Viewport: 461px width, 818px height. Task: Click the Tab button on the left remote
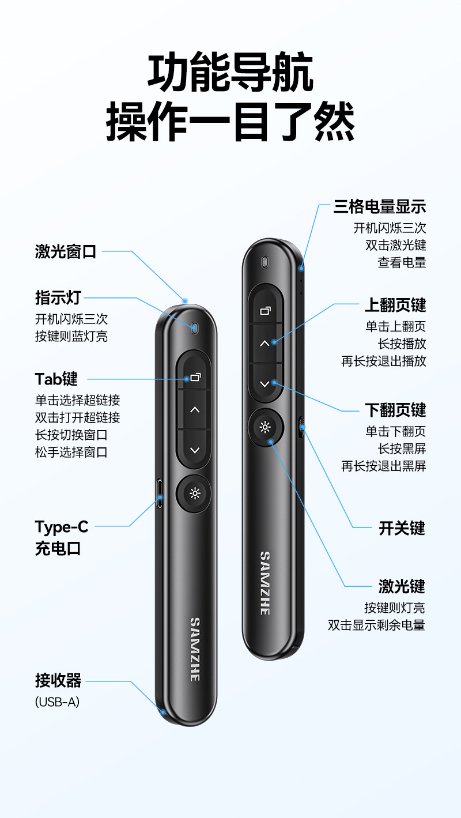[x=195, y=374]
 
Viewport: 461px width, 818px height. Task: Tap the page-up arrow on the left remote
[x=195, y=410]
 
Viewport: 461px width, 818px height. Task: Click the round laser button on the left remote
[x=195, y=494]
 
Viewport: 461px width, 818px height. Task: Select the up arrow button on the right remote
[x=265, y=343]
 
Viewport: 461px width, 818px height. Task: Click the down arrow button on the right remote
[x=265, y=383]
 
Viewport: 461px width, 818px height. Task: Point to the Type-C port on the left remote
[x=160, y=493]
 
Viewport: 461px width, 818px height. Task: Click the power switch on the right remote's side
[x=301, y=427]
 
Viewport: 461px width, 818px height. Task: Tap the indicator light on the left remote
[x=194, y=327]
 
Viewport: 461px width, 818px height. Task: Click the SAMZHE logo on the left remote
[x=195, y=649]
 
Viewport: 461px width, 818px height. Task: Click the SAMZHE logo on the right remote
[x=265, y=583]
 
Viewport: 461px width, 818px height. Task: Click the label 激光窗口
[x=66, y=251]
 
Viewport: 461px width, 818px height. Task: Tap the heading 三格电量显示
[x=380, y=207]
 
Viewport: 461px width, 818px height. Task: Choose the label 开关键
[x=402, y=528]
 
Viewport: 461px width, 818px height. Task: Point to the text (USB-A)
[x=57, y=702]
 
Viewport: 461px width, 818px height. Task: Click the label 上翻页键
[x=395, y=305]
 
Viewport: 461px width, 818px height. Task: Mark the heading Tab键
[x=56, y=379]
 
